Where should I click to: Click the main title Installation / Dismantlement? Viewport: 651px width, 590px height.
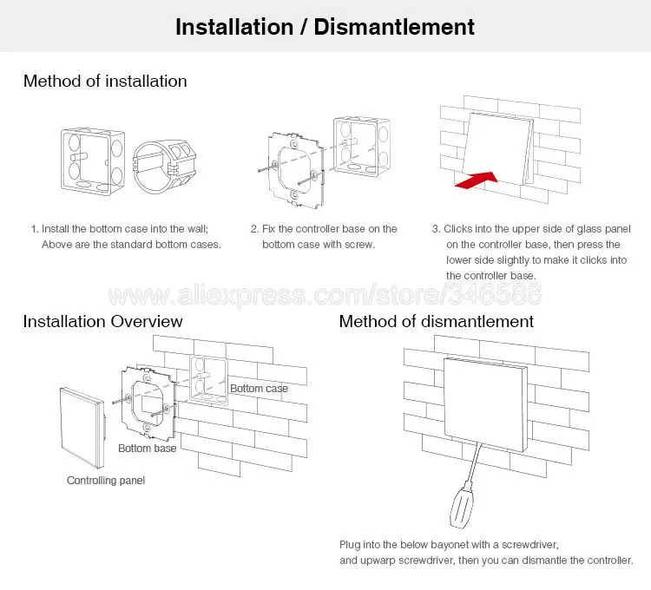(x=325, y=26)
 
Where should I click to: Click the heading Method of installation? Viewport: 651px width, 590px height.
(x=104, y=81)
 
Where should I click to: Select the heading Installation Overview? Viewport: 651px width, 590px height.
(x=102, y=321)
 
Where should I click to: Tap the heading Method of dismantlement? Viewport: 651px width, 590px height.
(x=436, y=321)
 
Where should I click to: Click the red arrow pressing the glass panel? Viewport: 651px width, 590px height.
(x=476, y=180)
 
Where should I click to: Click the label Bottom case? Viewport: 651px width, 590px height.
(x=259, y=388)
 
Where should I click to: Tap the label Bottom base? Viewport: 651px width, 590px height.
(x=147, y=448)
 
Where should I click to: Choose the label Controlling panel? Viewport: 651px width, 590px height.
(x=106, y=480)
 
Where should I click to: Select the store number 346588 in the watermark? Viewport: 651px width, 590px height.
(x=501, y=295)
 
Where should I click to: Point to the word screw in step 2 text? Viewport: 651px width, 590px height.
(x=358, y=244)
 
